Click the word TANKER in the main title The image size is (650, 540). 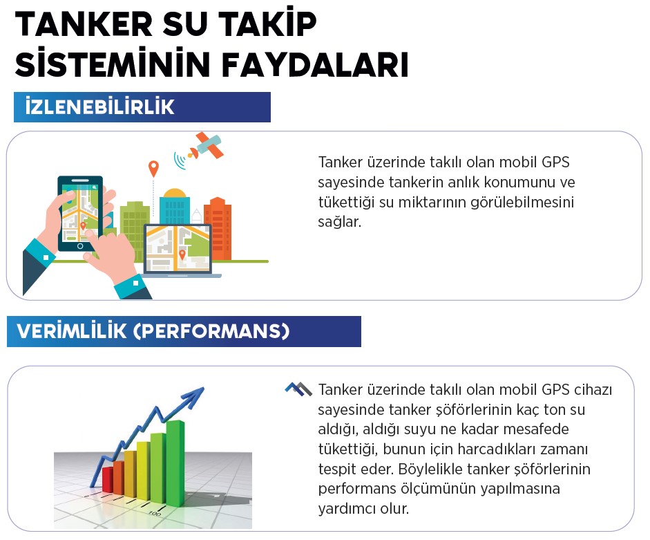[x=84, y=24]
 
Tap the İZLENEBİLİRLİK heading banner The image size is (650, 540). [x=142, y=107]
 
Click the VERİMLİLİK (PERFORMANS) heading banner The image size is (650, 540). [x=184, y=331]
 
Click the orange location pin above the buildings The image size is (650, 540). [x=153, y=168]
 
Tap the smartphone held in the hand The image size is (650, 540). [x=80, y=214]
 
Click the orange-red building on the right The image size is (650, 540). [x=218, y=228]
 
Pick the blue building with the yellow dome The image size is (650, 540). [x=174, y=206]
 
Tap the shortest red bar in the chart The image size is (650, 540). [x=107, y=480]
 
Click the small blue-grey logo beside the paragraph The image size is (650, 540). [x=298, y=389]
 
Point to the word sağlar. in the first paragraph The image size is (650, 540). [x=340, y=223]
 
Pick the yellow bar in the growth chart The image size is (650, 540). [x=143, y=470]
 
